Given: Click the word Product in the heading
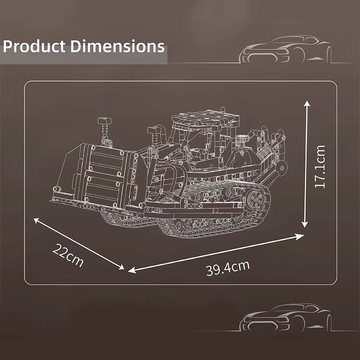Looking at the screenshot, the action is coord(34,47).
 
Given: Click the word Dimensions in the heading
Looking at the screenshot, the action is coord(117,46).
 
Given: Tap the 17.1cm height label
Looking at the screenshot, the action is coord(320,166).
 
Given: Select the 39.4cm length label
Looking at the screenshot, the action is coord(228,268).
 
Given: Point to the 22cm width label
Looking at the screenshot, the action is coord(68,255).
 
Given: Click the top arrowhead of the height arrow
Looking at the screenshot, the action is coord(307,104).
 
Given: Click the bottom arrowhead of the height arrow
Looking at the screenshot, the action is coord(305,224).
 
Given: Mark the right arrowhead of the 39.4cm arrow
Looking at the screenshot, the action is coord(300,237).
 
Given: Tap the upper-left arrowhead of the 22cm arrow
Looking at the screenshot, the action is coord(37,220).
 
